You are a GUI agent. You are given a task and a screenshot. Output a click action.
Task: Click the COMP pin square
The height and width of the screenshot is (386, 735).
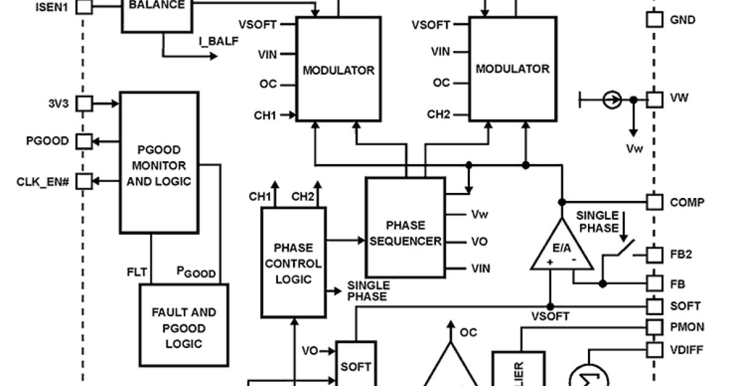tap(654, 202)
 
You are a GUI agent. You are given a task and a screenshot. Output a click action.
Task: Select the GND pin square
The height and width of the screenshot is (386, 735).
tap(654, 20)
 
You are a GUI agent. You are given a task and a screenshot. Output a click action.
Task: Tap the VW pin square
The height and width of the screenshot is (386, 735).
tap(654, 99)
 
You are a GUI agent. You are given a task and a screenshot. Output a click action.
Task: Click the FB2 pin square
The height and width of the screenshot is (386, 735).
tap(654, 254)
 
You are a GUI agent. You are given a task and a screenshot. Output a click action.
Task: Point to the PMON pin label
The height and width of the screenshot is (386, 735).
tap(687, 327)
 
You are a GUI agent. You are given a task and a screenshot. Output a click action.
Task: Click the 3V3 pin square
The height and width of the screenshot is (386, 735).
tap(84, 104)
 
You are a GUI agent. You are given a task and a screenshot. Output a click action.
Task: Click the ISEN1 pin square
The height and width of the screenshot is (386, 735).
tap(84, 7)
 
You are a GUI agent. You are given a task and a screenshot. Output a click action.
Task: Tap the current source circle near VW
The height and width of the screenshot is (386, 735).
tap(611, 99)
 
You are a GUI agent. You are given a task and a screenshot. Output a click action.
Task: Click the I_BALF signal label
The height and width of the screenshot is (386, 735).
tap(218, 42)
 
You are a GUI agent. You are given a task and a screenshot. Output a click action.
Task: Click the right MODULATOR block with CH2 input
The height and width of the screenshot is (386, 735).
tap(513, 69)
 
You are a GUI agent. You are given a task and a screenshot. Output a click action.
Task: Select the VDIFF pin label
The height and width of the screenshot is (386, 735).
tap(687, 350)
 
